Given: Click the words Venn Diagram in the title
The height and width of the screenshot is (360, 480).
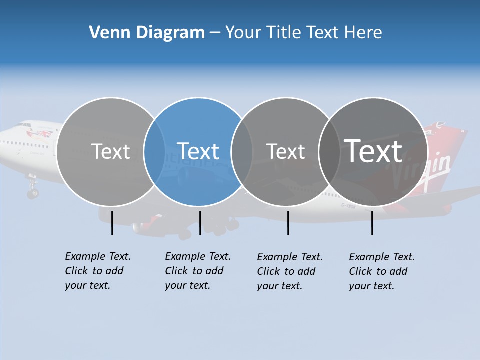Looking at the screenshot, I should pyautogui.click(x=147, y=33).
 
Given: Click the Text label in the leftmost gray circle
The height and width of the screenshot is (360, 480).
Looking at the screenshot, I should pyautogui.click(x=110, y=151).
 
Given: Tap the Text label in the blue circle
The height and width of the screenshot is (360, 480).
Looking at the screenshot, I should pyautogui.click(x=198, y=151).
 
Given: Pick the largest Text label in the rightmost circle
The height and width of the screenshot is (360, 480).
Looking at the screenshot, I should pyautogui.click(x=373, y=151).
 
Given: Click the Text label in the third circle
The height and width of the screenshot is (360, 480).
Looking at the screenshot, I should pyautogui.click(x=285, y=151).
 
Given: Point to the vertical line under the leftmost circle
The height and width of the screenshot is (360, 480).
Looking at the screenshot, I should pyautogui.click(x=112, y=223).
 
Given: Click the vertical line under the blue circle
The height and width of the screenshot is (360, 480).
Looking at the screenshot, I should pyautogui.click(x=200, y=223).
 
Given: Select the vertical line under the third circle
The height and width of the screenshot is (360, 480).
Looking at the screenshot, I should pyautogui.click(x=288, y=223).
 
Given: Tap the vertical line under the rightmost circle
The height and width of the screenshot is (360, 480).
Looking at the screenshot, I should pyautogui.click(x=372, y=223).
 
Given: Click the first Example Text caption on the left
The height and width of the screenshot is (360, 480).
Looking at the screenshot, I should pyautogui.click(x=98, y=271).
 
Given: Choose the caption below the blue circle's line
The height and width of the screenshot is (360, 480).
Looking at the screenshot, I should pyautogui.click(x=198, y=271).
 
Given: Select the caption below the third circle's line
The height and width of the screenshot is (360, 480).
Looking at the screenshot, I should pyautogui.click(x=290, y=271).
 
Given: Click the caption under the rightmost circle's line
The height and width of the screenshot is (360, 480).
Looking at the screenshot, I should pyautogui.click(x=382, y=271).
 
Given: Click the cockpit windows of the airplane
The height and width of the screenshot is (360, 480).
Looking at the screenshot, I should pyautogui.click(x=24, y=125).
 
